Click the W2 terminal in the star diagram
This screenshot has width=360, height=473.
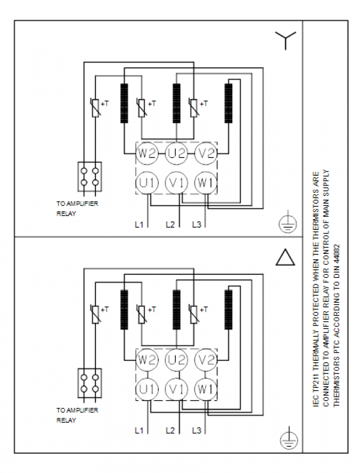pyautogui.click(x=146, y=154)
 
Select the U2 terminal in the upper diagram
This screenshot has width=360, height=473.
pyautogui.click(x=176, y=154)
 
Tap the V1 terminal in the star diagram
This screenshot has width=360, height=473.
pyautogui.click(x=176, y=183)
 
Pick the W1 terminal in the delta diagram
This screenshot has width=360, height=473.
pyautogui.click(x=206, y=390)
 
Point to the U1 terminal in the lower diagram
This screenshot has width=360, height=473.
pyautogui.click(x=147, y=390)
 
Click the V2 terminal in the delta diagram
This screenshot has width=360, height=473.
pyautogui.click(x=206, y=360)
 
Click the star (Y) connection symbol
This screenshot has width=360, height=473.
pyautogui.click(x=285, y=40)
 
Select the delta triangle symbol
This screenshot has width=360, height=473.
pyautogui.click(x=285, y=258)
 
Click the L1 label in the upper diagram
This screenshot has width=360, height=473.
pyautogui.click(x=139, y=224)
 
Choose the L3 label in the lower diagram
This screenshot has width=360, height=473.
pyautogui.click(x=197, y=430)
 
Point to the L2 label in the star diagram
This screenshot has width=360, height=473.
pyautogui.click(x=170, y=224)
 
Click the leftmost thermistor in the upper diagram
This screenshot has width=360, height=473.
pyautogui.click(x=95, y=107)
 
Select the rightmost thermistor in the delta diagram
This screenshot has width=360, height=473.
pyautogui.click(x=194, y=314)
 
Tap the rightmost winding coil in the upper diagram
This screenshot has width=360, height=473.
pyautogui.click(x=229, y=103)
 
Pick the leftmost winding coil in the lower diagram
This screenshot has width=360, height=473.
pyautogui.click(x=124, y=310)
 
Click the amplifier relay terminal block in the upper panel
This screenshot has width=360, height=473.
pyautogui.click(x=89, y=176)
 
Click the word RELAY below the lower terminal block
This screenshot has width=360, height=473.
pyautogui.click(x=67, y=420)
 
